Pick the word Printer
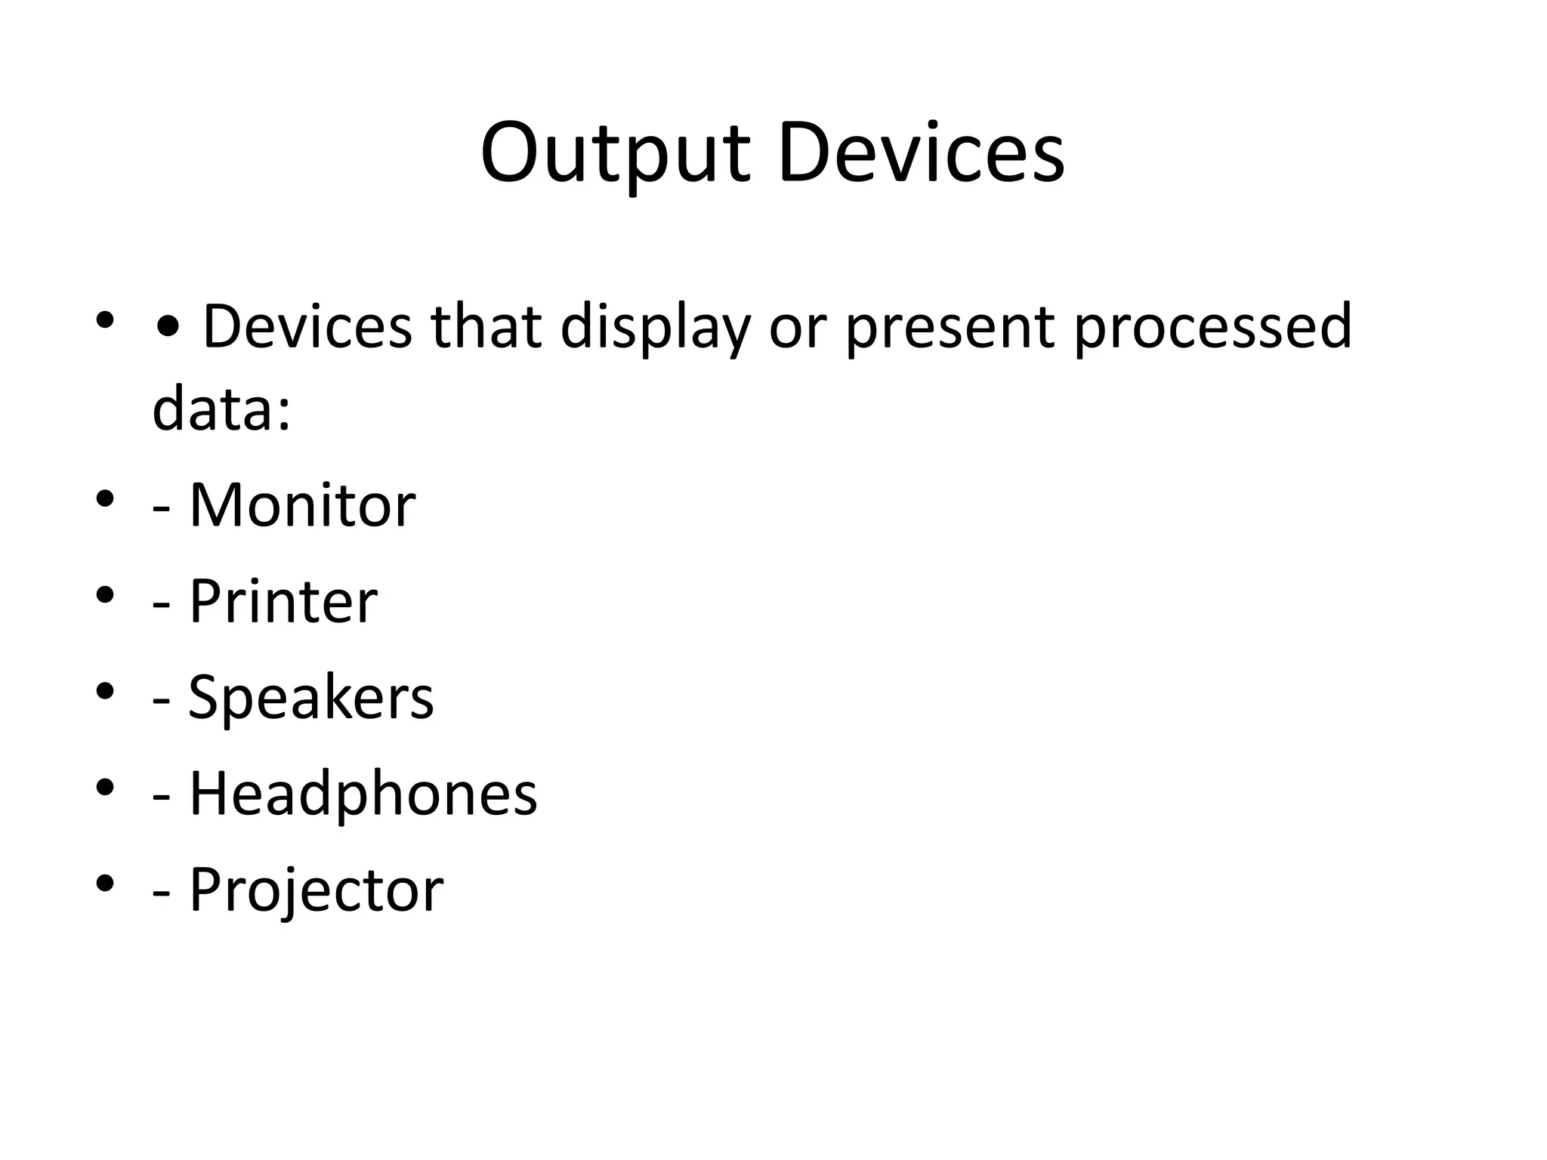(283, 601)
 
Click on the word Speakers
(310, 697)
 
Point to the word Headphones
(363, 793)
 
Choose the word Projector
(316, 890)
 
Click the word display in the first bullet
(656, 328)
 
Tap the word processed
(1212, 326)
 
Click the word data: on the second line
(221, 409)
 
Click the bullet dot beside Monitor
(105, 498)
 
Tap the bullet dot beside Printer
(105, 595)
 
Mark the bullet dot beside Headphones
(105, 787)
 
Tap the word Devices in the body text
(307, 326)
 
